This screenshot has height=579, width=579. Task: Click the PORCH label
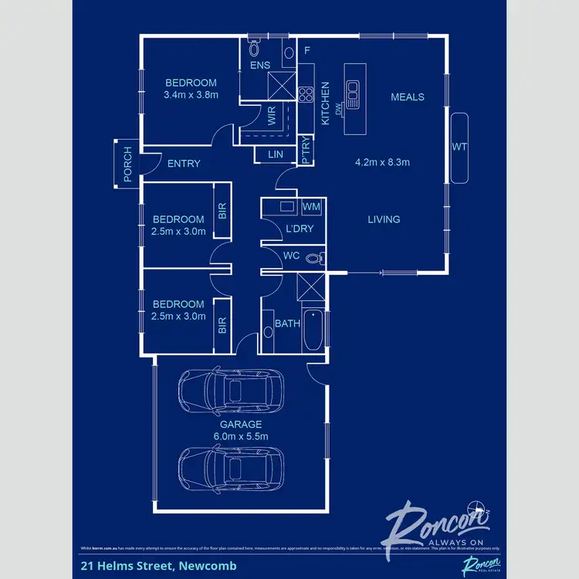tap(127, 164)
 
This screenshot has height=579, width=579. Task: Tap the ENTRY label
tap(184, 164)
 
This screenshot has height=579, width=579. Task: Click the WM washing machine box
tap(311, 207)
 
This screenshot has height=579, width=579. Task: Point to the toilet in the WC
tap(313, 258)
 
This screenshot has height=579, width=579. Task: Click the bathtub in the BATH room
tap(312, 330)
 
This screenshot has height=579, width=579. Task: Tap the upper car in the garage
tap(231, 390)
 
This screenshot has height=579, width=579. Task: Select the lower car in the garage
tap(231, 466)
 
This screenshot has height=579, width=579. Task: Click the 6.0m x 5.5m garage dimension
tap(242, 436)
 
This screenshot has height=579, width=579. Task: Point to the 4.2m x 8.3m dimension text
tap(381, 163)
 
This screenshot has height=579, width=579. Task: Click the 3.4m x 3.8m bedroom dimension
tap(191, 95)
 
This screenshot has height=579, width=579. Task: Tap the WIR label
tap(272, 118)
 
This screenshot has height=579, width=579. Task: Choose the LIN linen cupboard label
tap(276, 155)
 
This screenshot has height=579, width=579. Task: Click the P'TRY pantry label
tap(306, 155)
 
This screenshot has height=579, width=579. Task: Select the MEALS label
tap(408, 96)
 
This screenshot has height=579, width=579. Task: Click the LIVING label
tap(384, 219)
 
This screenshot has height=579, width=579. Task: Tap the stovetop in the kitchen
tap(305, 96)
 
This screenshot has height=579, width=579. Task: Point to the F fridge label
tap(307, 51)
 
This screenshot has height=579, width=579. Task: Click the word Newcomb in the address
tap(209, 565)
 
